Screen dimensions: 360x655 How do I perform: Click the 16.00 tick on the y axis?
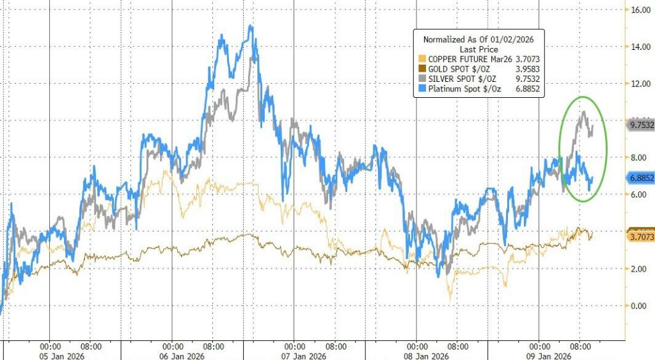[x=641, y=10]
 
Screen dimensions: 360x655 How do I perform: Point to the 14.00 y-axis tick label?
[x=641, y=47]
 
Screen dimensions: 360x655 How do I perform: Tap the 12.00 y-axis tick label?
[x=641, y=84]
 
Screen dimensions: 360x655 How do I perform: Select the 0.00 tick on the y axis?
[x=640, y=305]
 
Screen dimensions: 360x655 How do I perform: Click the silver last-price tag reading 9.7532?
[x=640, y=126]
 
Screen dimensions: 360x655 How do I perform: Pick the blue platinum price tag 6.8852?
[x=640, y=179]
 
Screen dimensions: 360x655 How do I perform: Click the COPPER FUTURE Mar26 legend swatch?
[x=422, y=59]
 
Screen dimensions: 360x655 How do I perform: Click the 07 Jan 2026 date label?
[x=304, y=356]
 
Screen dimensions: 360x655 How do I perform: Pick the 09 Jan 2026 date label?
[x=549, y=356]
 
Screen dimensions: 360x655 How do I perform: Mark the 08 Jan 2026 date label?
[x=427, y=356]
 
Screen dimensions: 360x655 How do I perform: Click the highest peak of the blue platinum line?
[x=250, y=26]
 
